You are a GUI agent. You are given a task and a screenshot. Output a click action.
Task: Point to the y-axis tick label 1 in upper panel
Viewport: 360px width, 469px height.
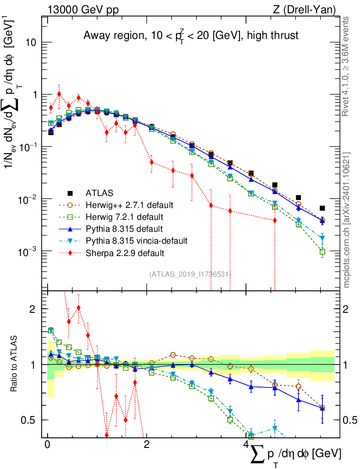point(33,95)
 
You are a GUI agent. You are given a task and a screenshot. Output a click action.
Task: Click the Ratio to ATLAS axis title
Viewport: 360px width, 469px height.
point(15,365)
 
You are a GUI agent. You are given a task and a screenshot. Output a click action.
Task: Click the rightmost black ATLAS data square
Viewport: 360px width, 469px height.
point(322,208)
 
